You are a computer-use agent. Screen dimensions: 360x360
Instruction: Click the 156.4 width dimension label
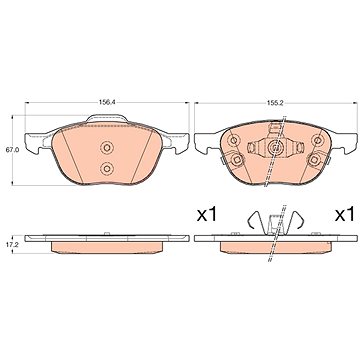pos(107,103)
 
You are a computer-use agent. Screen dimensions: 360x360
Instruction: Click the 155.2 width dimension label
pos(275,103)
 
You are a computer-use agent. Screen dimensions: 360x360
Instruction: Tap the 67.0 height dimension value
pos(12,150)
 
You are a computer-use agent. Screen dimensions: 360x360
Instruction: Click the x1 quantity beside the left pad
pos(207,214)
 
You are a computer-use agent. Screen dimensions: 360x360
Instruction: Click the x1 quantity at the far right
pos(345,214)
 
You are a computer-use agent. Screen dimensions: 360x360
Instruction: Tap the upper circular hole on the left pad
pos(107,147)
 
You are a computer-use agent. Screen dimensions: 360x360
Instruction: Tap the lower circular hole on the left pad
pos(107,169)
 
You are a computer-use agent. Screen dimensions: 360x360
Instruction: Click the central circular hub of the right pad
pos(275,147)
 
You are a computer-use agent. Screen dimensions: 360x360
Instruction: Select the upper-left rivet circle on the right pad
pos(234,140)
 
